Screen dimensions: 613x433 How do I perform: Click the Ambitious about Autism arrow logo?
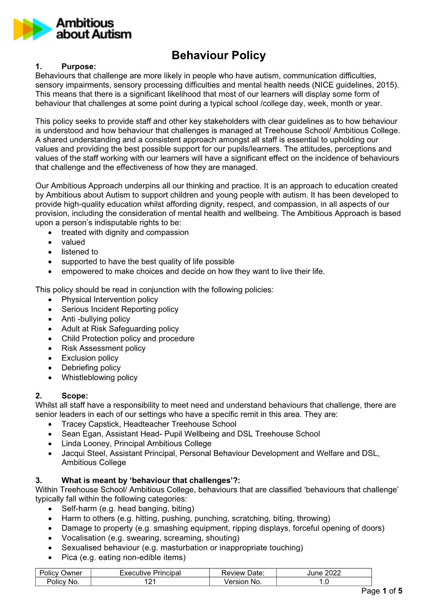[x=32, y=29]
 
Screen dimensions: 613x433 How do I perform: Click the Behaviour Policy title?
[x=219, y=55]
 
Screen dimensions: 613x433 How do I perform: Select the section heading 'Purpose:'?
[x=79, y=66]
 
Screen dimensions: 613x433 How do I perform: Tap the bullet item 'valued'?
[x=73, y=242]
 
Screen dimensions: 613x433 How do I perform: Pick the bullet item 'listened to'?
[x=79, y=252]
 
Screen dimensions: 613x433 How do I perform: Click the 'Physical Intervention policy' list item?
[x=110, y=300]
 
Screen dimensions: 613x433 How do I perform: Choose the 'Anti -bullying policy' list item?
[x=96, y=319]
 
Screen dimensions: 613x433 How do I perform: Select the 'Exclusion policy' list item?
[x=90, y=358]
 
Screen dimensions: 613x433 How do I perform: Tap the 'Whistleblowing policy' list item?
[x=99, y=378]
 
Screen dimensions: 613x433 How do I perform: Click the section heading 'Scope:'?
[x=75, y=396]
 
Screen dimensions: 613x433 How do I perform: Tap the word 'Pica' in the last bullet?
[x=69, y=558]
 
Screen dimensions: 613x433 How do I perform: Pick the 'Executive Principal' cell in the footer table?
[x=150, y=573]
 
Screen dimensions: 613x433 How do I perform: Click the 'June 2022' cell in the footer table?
[x=324, y=573]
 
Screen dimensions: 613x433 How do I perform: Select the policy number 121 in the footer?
[x=150, y=582]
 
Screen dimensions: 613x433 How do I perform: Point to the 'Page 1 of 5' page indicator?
[x=382, y=591]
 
